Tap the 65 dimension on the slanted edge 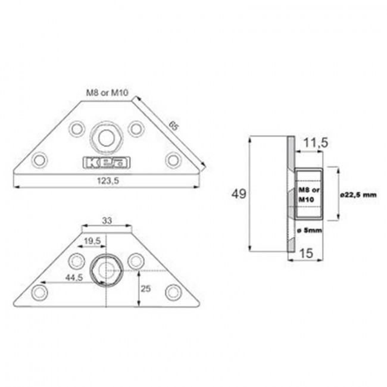[173, 126]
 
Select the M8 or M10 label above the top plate [107, 93]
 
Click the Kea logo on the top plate [107, 163]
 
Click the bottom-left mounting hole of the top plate [40, 160]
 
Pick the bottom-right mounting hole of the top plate [173, 160]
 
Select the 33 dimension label [107, 220]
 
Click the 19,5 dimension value [92, 241]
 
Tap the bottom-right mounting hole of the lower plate [173, 292]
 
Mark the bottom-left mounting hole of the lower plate [40, 292]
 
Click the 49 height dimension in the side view [239, 195]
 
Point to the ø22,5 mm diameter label [360, 194]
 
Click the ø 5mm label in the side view [309, 229]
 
